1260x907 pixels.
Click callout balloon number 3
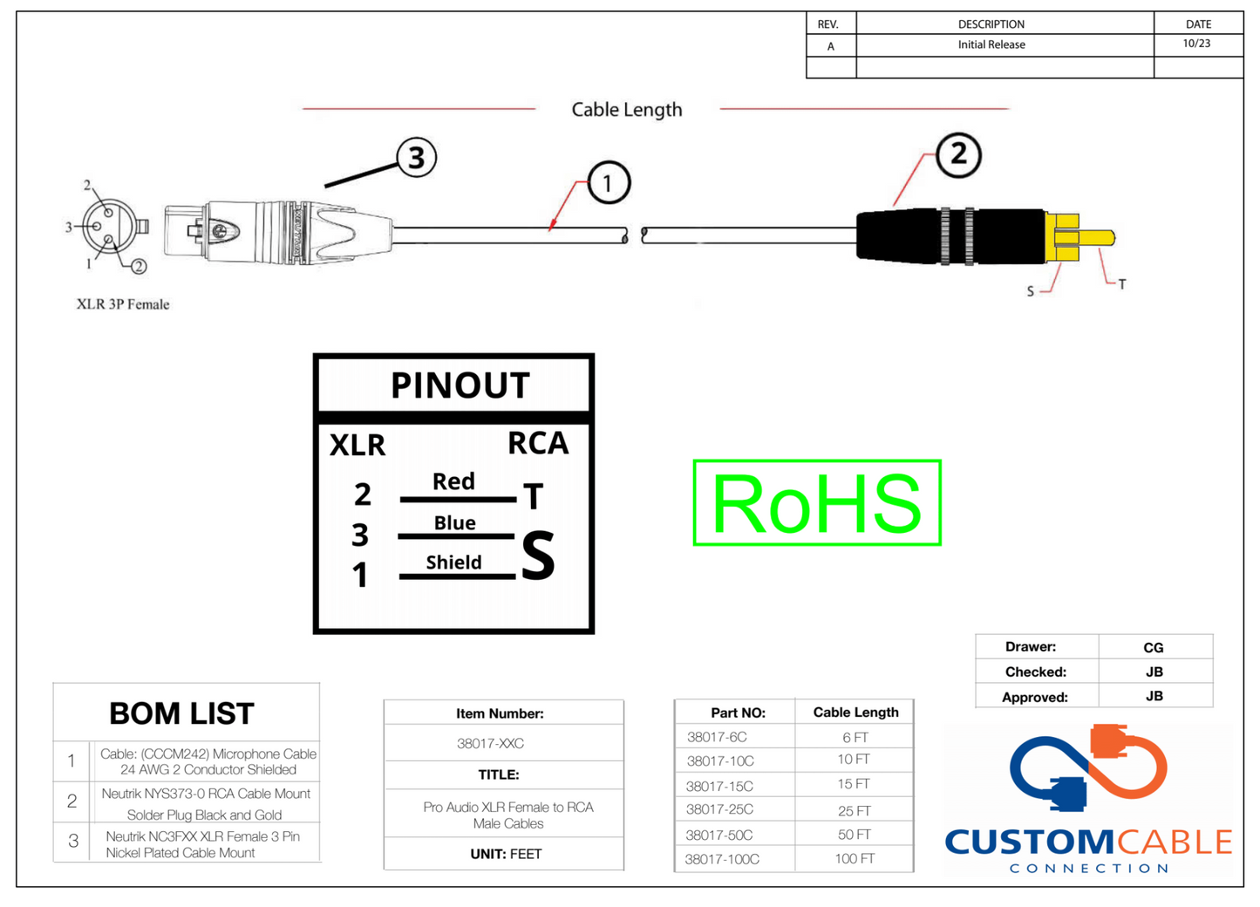(416, 158)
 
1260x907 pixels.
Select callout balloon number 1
(608, 183)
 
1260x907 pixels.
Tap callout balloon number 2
(958, 155)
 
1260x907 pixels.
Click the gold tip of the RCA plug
(1097, 237)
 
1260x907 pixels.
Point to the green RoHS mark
(816, 503)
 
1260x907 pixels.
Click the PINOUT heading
(460, 385)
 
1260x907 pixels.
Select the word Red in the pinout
(453, 481)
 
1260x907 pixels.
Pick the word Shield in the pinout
(453, 563)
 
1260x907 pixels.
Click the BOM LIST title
(181, 713)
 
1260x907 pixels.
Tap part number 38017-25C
(719, 809)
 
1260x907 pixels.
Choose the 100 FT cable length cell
(855, 859)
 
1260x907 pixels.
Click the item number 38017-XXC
(490, 744)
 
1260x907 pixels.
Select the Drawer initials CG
(1153, 647)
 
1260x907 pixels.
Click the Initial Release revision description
(991, 44)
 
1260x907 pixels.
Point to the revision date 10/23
(1196, 44)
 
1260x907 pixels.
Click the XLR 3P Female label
(123, 304)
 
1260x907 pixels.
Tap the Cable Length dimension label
(626, 110)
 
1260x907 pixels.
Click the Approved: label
(1034, 697)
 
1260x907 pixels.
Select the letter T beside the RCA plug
(1122, 284)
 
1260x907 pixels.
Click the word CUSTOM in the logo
(1028, 842)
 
